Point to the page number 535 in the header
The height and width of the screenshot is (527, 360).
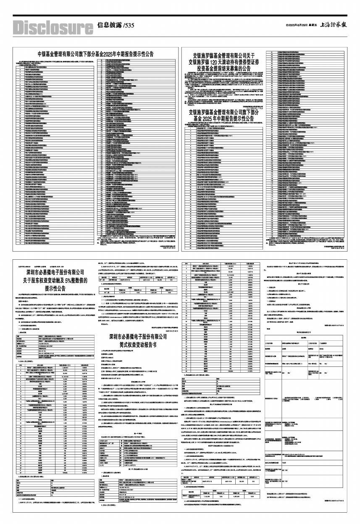129,26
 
